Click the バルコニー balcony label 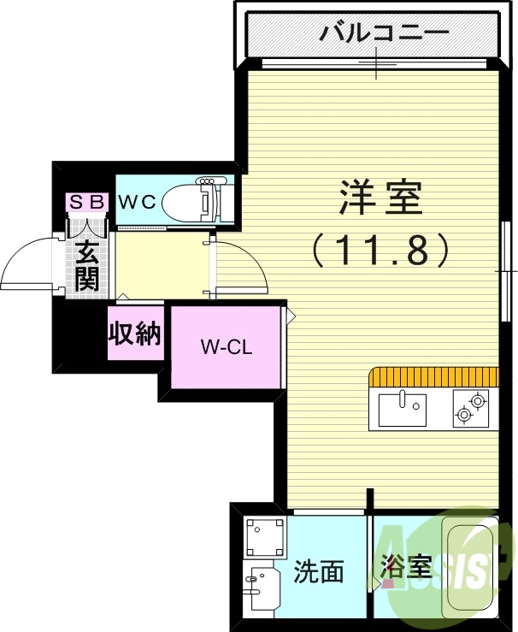coord(384,34)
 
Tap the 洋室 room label coord(380,200)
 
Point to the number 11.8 coord(380,250)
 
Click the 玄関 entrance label coord(86,265)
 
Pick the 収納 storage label coord(134,333)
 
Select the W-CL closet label coord(227,347)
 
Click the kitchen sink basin coord(402,409)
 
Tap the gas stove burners coord(470,407)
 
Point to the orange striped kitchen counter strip coord(433,377)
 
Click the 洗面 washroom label coord(319,571)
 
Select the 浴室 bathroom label coord(405,565)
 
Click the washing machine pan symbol coord(263,538)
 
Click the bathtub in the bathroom coord(468,569)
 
